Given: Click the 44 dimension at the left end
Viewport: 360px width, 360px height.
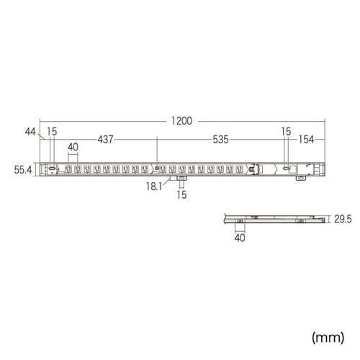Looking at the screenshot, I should point(30,132).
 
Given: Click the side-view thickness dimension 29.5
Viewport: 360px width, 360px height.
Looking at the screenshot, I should point(342,217).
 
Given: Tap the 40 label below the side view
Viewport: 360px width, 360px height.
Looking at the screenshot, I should point(240,237).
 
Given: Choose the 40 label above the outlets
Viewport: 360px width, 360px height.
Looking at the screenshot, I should point(73,148).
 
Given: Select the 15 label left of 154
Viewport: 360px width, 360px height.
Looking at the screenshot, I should point(287,132).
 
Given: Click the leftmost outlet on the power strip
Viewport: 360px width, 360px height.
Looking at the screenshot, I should point(68,170).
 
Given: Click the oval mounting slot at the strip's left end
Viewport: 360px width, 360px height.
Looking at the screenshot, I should point(53,169).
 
